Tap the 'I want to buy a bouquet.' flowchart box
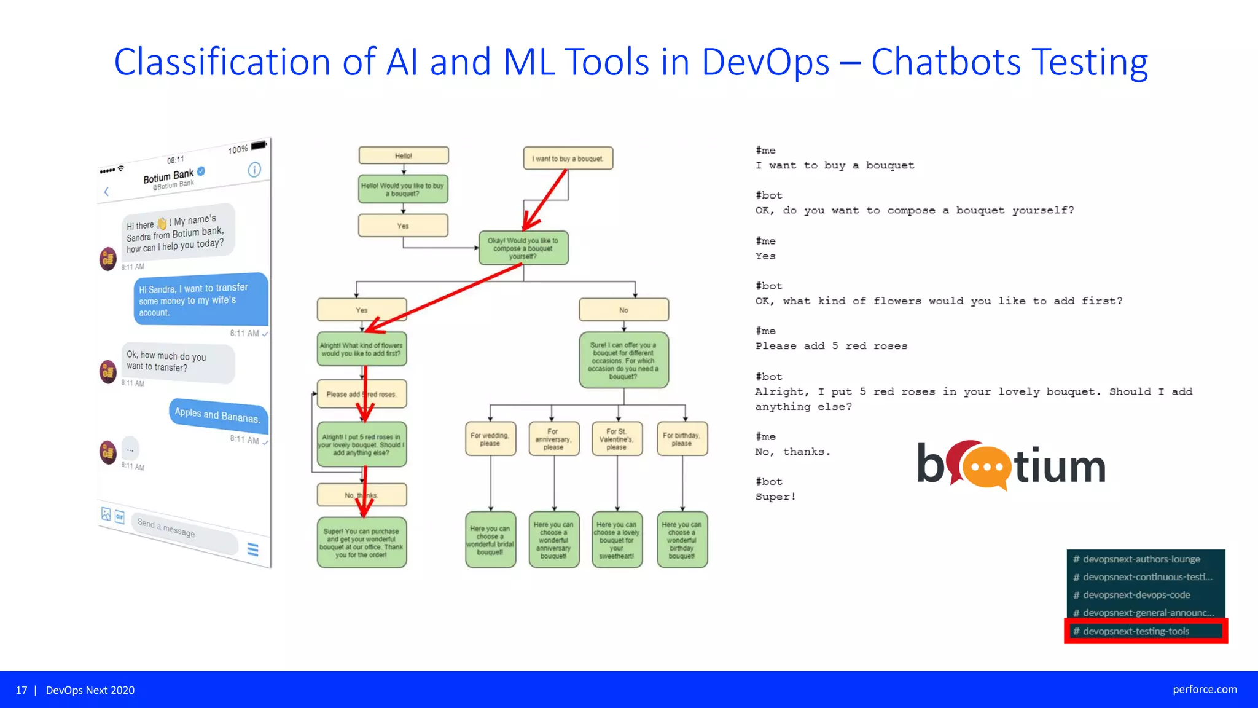(568, 159)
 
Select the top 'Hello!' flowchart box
(404, 155)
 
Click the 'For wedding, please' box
(490, 439)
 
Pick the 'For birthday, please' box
(682, 439)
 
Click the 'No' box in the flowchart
(623, 310)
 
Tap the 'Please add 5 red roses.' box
(362, 394)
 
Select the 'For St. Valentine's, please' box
(617, 439)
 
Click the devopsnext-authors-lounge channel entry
(1141, 559)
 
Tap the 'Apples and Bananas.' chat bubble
(217, 415)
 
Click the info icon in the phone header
(254, 170)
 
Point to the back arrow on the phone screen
(106, 192)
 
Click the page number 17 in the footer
(21, 690)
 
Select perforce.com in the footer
(1205, 690)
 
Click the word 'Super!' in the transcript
(775, 497)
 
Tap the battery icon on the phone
(259, 146)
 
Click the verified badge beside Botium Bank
(201, 171)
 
